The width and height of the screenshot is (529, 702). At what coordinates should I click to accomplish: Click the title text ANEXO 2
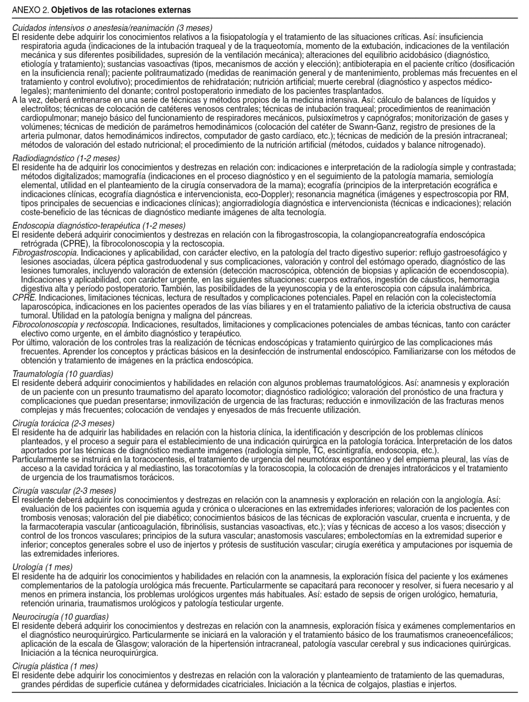[x=30, y=10]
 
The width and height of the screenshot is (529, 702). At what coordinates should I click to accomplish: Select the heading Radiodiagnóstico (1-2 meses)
[x=66, y=158]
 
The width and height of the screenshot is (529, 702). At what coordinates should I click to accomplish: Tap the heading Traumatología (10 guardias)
[x=63, y=374]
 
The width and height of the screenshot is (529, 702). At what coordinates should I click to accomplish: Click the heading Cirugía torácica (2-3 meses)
[x=63, y=423]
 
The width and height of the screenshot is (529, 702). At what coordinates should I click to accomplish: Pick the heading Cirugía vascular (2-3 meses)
[x=64, y=490]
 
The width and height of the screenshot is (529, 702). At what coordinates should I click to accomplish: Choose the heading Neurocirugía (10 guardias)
[x=60, y=617]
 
